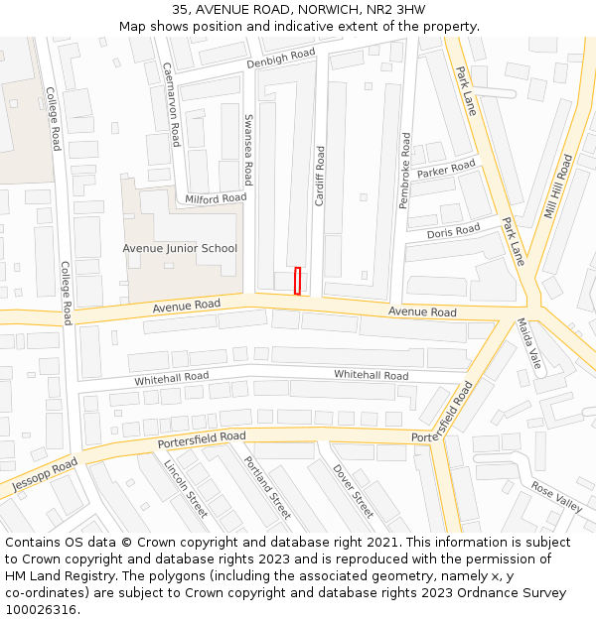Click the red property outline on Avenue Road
tap(297, 281)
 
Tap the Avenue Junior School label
tap(180, 248)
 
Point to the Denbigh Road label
tap(281, 60)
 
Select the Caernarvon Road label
tap(171, 104)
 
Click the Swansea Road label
tap(248, 149)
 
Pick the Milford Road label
tap(216, 198)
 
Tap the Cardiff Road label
tap(320, 176)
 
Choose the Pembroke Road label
tap(404, 171)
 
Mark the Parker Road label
tap(446, 170)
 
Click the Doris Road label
tap(453, 231)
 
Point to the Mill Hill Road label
tap(559, 186)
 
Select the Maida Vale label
tap(528, 343)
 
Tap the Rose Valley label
tap(556, 496)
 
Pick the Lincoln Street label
tap(186, 487)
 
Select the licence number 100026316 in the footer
tap(41, 610)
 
